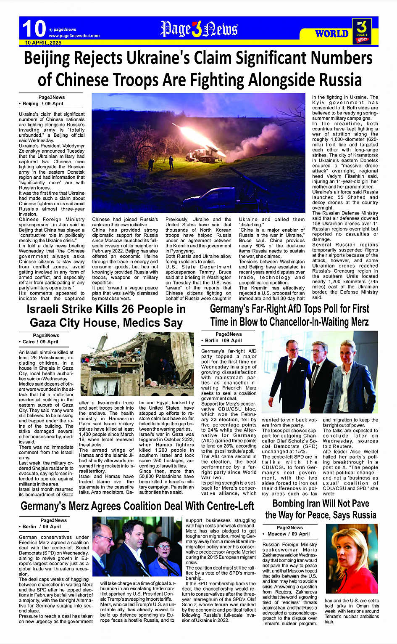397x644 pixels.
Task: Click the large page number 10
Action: [x=34, y=29]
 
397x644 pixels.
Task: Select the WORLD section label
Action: [x=331, y=33]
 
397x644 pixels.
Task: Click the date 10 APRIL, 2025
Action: [x=43, y=42]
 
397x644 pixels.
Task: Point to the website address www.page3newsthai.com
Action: [x=74, y=36]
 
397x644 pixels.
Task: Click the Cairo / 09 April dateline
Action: [x=40, y=342]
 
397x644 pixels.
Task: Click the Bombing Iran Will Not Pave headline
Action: [x=321, y=504]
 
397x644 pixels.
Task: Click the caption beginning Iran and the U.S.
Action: [x=352, y=611]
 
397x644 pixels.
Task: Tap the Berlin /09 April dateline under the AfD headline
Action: [x=223, y=340]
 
